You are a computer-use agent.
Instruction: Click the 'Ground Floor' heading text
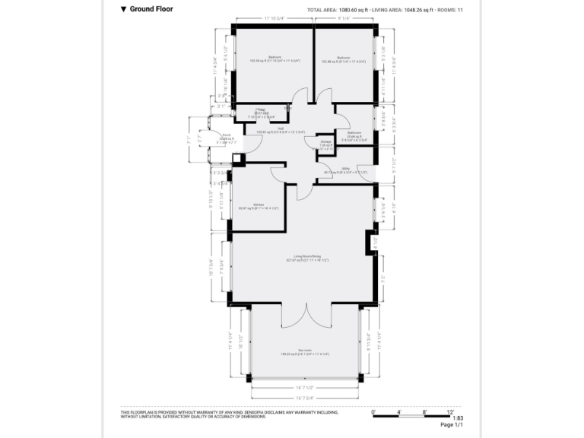point(151,10)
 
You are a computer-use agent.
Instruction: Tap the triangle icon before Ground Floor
point(123,10)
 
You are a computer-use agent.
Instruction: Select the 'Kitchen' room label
point(247,206)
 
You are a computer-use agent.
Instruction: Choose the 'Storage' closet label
point(325,142)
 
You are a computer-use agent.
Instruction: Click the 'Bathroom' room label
point(354,133)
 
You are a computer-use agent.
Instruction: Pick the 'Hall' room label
point(281,129)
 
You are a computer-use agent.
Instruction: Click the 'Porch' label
point(226,136)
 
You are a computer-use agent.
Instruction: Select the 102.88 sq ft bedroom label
point(344,58)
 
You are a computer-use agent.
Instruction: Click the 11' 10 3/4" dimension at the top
point(274,17)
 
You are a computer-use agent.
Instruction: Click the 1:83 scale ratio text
point(457,418)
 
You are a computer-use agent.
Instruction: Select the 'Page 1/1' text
point(452,425)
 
